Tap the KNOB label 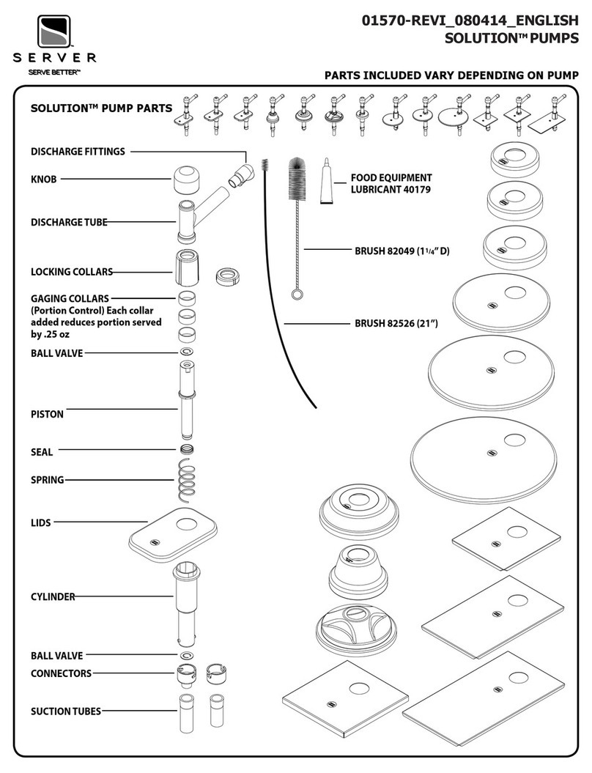pos(43,178)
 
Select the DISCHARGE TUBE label pos(68,222)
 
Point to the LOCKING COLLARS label pos(71,272)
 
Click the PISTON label pos(47,414)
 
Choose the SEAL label pos(42,452)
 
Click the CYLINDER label pos(53,596)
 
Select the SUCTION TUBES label pos(65,711)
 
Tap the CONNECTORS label pos(61,673)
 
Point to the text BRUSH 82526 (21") pos(396,322)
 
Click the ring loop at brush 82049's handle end pos(296,295)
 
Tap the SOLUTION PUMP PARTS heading pos(100,108)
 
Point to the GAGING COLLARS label pos(70,298)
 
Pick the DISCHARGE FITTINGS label pos(78,152)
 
